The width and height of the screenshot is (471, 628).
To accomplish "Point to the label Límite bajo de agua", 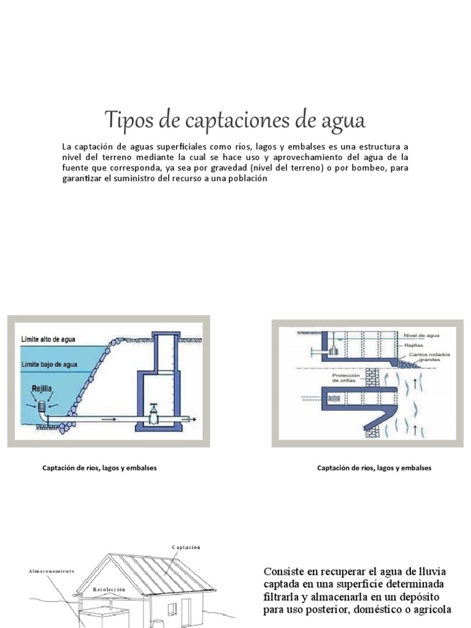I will coord(51,364).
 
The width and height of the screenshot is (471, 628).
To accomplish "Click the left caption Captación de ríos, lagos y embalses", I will coord(99,468).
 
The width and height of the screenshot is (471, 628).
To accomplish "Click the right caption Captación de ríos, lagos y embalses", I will coord(374,468).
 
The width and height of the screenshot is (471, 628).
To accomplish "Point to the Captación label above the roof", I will coord(186,547).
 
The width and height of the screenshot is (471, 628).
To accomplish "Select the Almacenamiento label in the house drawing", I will coord(52,571).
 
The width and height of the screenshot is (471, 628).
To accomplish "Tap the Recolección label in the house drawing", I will coord(109,589).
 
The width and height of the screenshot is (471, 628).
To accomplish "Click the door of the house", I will coord(186,613).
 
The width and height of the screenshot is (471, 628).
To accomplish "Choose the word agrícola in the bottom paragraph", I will coord(430,610).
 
